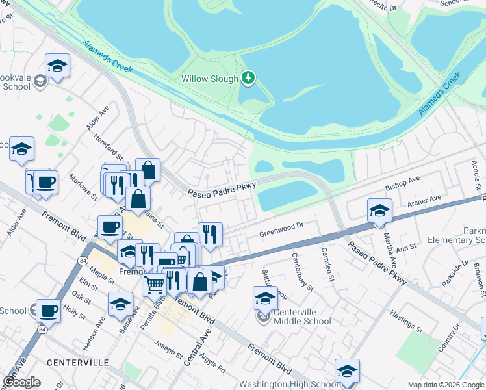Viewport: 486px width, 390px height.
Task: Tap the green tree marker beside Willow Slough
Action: pyautogui.click(x=248, y=79)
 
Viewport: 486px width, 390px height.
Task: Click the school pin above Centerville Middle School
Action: pyautogui.click(x=264, y=298)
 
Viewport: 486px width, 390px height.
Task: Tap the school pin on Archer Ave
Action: pyautogui.click(x=379, y=211)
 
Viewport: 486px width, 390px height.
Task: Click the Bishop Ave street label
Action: pyautogui.click(x=403, y=183)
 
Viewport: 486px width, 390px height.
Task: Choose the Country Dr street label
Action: pyautogui.click(x=448, y=337)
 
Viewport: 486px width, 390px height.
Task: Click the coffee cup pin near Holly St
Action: pyautogui.click(x=48, y=311)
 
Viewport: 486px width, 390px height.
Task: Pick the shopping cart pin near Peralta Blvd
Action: pyautogui.click(x=154, y=284)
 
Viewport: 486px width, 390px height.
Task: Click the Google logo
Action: pyautogui.click(x=21, y=382)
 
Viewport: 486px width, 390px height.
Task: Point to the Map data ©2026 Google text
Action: pyautogui.click(x=445, y=385)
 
